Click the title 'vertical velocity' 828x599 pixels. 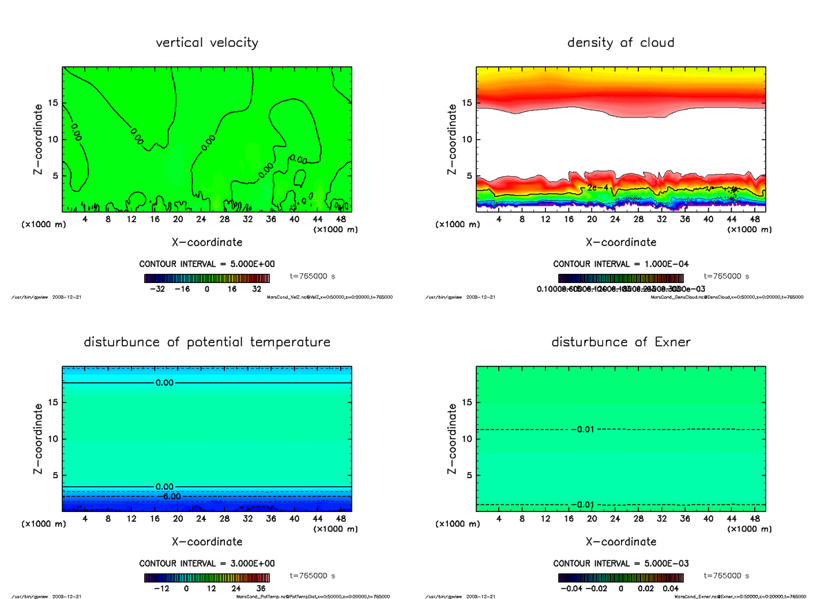[207, 43]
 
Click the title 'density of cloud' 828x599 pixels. [620, 43]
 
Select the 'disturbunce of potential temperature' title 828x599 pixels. [207, 342]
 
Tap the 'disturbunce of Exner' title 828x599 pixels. [620, 342]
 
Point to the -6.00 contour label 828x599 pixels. [172, 496]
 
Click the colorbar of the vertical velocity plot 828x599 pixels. [207, 278]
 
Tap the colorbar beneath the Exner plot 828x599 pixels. [620, 578]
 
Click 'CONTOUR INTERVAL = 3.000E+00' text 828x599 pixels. [207, 564]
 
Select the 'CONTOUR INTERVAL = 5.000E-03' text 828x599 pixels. [620, 564]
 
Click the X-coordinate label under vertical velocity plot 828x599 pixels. [207, 242]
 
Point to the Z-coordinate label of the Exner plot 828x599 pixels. [453, 439]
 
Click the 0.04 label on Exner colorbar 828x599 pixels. [670, 589]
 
